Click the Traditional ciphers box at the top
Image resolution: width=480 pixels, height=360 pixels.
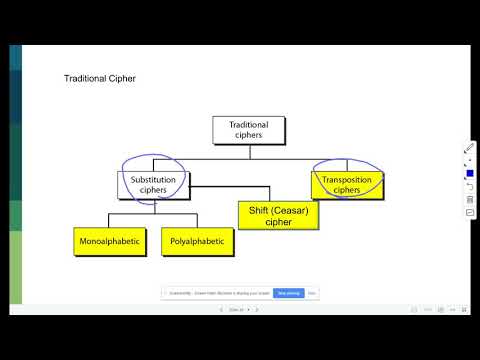tap(249, 130)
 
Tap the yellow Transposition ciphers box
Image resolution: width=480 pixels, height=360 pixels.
tap(345, 184)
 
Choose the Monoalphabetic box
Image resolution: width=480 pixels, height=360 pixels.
tap(113, 242)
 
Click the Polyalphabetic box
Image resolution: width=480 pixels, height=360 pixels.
tap(196, 242)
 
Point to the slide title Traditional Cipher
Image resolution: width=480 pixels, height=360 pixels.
tap(100, 78)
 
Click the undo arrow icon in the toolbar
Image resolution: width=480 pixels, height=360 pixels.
tap(469, 186)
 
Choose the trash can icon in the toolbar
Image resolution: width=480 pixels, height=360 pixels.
tap(469, 199)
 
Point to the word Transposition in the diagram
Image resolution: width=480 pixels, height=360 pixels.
tap(345, 180)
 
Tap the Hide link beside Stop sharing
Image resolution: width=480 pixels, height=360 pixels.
tap(312, 293)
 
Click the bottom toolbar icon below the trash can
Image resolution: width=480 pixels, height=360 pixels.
tap(469, 212)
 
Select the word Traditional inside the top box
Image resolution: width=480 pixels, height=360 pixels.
tap(249, 125)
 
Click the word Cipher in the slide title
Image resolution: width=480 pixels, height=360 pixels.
tap(122, 78)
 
